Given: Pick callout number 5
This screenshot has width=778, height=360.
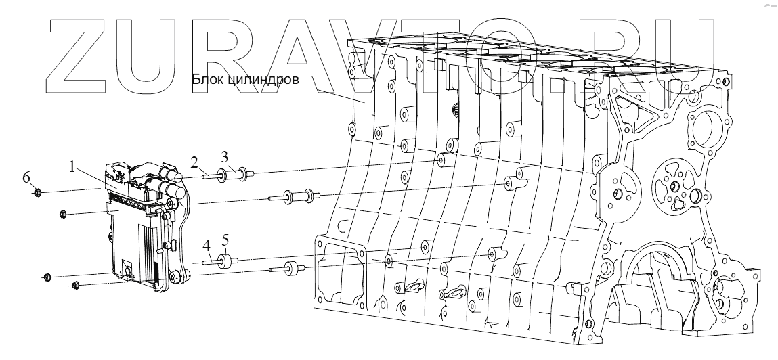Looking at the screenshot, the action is coord(225,240).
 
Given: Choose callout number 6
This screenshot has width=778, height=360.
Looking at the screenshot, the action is coord(26,177).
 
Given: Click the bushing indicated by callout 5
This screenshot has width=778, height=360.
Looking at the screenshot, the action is coord(226,259).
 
